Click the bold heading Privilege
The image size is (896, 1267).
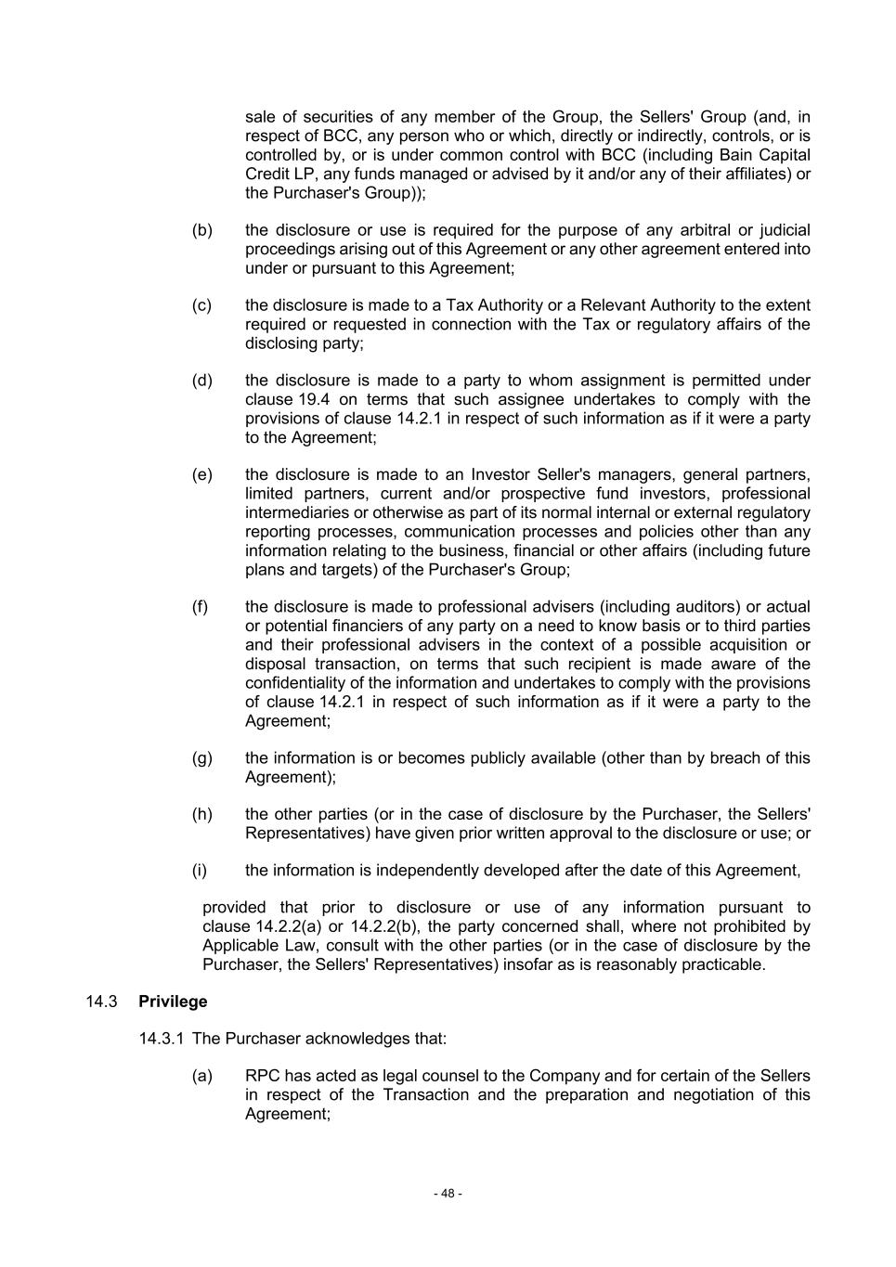click(173, 1002)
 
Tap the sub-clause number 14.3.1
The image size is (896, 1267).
click(162, 1039)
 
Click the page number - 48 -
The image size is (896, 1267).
click(448, 1194)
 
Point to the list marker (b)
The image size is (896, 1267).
click(201, 230)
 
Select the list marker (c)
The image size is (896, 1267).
click(201, 305)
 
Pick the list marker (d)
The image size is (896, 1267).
click(201, 381)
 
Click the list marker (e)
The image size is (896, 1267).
click(201, 475)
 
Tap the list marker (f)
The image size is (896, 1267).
click(200, 607)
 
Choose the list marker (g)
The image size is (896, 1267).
click(201, 758)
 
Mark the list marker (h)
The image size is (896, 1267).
click(201, 814)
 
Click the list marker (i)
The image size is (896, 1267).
click(200, 871)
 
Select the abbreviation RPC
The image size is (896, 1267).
click(263, 1076)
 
